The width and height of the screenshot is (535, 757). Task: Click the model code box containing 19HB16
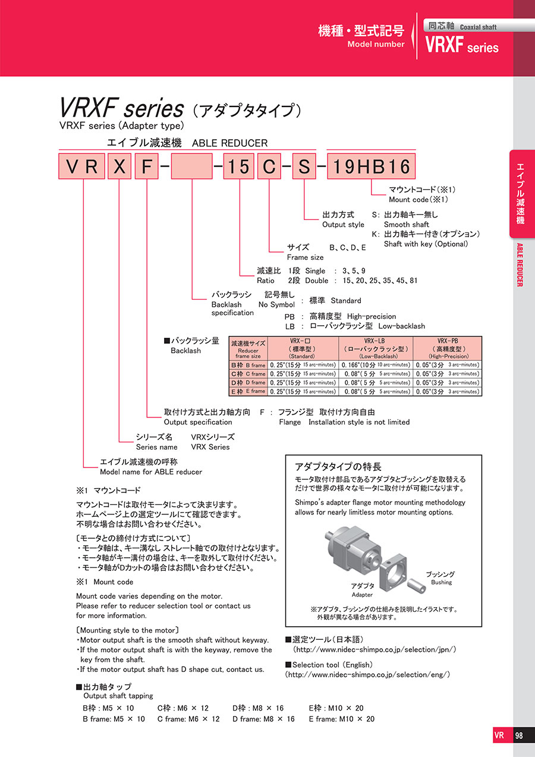point(371,167)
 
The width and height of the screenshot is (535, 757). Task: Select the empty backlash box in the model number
point(192,167)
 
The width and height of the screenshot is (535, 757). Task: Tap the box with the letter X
point(119,167)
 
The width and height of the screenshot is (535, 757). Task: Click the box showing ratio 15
point(239,167)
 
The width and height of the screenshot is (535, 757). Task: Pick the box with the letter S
point(304,167)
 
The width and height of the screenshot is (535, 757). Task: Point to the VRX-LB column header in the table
point(376,348)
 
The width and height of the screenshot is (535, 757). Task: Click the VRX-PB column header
point(447,348)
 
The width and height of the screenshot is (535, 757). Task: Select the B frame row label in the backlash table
point(248,365)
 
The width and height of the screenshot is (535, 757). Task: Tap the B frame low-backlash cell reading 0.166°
point(376,365)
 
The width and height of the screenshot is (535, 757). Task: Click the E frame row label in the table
point(248,391)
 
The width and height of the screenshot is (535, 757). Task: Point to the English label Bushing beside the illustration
point(442,582)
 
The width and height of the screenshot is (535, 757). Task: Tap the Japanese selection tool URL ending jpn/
point(374,649)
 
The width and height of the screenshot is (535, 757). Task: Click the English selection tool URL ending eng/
point(368,674)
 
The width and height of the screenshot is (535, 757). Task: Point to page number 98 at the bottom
point(519,736)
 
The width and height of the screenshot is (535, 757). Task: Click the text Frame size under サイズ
point(306,257)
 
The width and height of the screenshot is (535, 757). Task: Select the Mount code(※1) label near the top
point(418,199)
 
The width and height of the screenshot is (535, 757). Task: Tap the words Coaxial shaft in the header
point(479,27)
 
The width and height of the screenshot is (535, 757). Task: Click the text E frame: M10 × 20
point(341,719)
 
